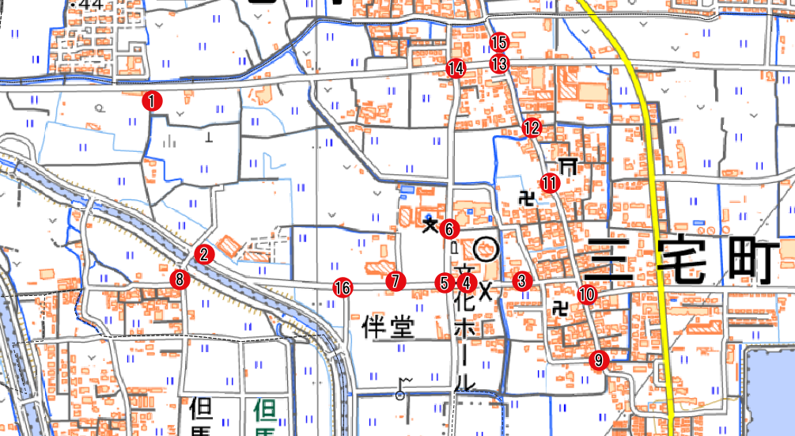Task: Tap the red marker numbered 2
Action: point(204,254)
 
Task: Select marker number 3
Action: point(521,280)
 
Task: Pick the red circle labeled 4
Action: point(466,282)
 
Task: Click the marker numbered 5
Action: point(445,282)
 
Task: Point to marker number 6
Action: point(449,229)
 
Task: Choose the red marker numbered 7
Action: point(396,281)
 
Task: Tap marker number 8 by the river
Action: point(180,279)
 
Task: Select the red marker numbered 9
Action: point(599,361)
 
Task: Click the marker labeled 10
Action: point(586,294)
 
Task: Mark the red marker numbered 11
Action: point(551,184)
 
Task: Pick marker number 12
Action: point(532,127)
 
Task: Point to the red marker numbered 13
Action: point(498,64)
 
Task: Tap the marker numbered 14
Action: point(455,69)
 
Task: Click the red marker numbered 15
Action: point(498,43)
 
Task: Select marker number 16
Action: point(343,288)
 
